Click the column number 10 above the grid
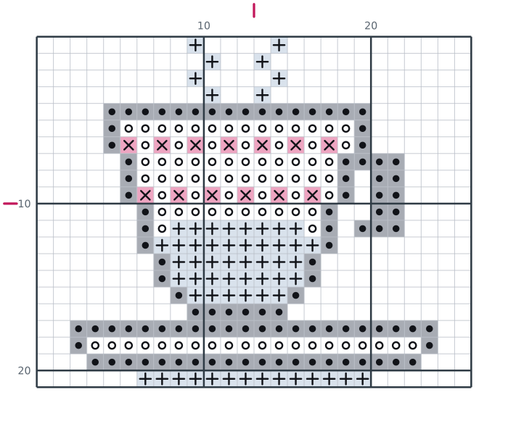(204, 25)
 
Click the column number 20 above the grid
(371, 25)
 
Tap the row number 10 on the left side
(24, 204)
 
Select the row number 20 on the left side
(24, 370)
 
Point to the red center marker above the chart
(254, 10)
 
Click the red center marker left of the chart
(10, 204)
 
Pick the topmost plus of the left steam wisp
(195, 46)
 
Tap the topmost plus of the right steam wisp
(279, 46)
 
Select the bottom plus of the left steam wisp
(212, 95)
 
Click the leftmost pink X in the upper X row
(128, 146)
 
